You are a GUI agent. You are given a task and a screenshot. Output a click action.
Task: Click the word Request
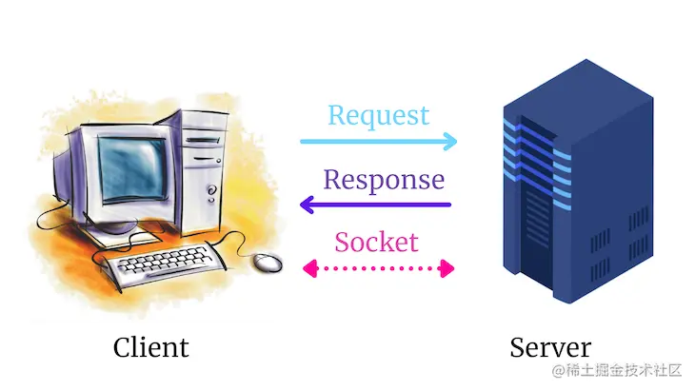pos(378,116)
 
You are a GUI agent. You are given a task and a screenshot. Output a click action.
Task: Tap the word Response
pos(384,179)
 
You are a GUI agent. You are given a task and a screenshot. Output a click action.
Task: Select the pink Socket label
pos(376,242)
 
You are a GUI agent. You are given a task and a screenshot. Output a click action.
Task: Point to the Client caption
pos(150,347)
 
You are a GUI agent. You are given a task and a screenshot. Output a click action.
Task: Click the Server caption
pos(549,347)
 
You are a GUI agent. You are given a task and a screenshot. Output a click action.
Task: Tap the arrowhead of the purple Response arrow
pos(307,204)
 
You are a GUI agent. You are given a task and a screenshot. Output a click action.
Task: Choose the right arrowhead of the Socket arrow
pos(448,268)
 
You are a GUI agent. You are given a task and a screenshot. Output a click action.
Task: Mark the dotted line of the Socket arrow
pos(378,268)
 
